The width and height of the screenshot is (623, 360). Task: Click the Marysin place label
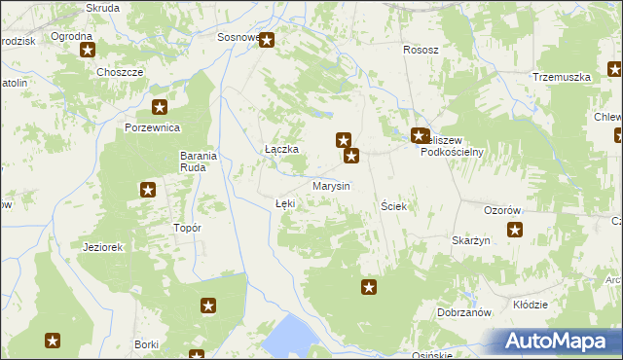click(x=331, y=185)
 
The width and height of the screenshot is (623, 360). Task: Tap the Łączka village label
click(x=281, y=149)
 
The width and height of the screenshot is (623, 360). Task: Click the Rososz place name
click(x=421, y=50)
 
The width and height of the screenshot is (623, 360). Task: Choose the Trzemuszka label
click(x=562, y=77)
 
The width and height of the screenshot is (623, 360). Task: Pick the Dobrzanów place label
click(x=462, y=312)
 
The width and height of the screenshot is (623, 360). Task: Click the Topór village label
click(x=186, y=228)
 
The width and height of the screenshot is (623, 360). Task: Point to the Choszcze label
click(x=121, y=72)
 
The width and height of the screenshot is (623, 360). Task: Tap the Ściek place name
click(x=393, y=206)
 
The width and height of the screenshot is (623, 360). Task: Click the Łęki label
click(x=284, y=203)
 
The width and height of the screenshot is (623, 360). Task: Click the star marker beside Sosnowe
click(x=267, y=41)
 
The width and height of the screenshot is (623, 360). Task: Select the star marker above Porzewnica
click(x=160, y=108)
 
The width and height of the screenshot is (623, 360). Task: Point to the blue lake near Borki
click(x=287, y=338)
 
